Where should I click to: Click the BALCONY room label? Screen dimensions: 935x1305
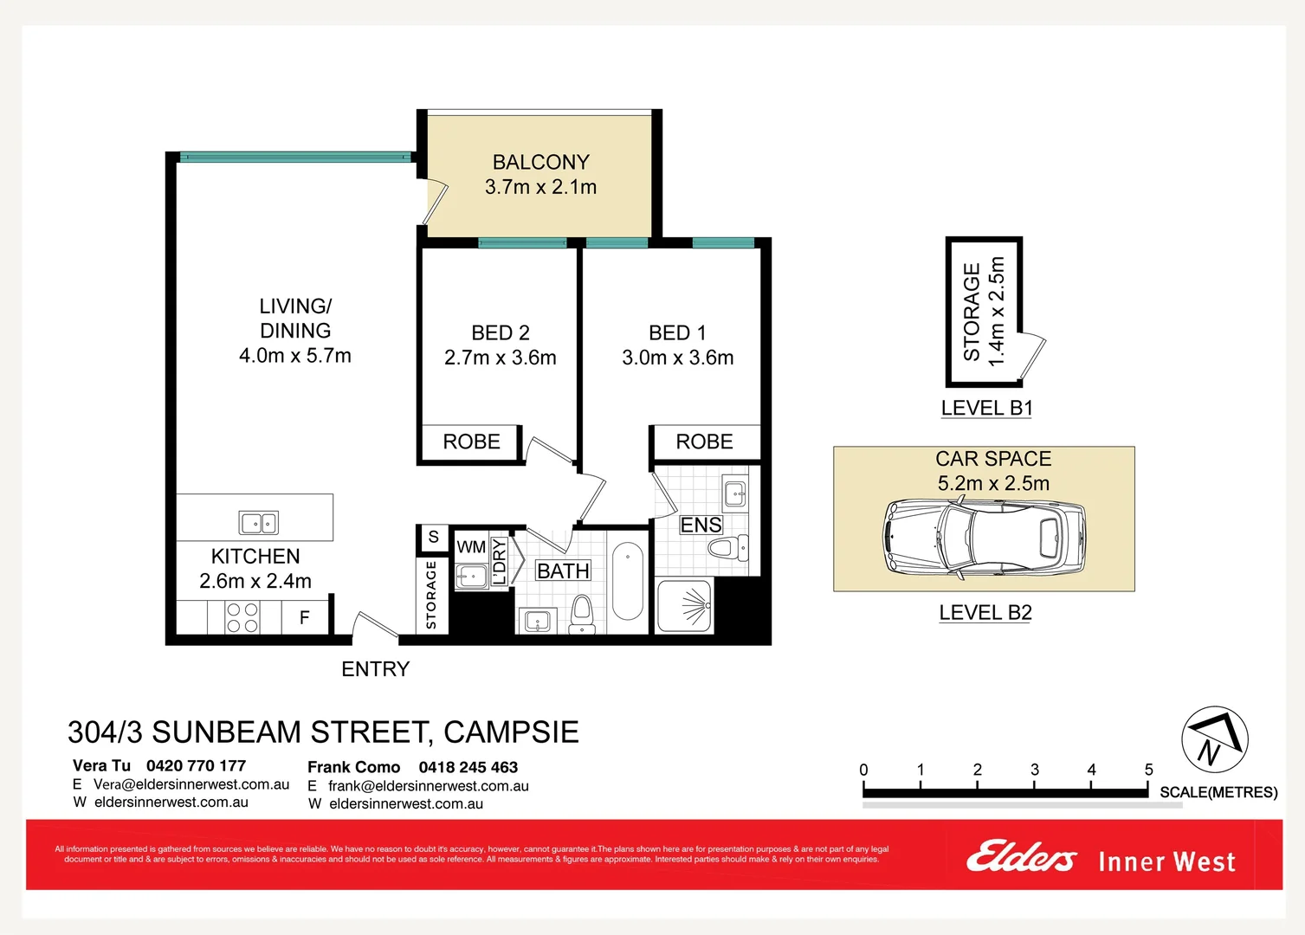pos(540,162)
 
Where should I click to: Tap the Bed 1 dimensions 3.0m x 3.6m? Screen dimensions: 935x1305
pos(677,358)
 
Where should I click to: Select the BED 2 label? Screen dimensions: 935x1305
pos(500,332)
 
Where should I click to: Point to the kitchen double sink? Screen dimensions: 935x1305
pos(258,523)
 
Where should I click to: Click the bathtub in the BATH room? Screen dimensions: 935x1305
pos(627,581)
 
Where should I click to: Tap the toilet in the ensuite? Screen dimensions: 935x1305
pos(727,548)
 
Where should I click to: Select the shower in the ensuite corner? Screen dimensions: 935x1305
pos(685,606)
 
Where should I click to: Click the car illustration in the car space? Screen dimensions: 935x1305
pos(984,537)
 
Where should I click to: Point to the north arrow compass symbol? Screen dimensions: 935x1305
pos(1214,739)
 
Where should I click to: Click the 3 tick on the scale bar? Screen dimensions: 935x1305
pos(1034,771)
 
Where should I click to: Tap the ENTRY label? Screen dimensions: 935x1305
pos(375,669)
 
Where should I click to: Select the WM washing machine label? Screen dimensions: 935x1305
pos(471,547)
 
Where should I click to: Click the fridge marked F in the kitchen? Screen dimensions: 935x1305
pos(305,617)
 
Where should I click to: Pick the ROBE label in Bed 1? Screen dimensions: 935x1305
pos(704,442)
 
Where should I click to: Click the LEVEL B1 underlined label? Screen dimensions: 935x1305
pos(986,408)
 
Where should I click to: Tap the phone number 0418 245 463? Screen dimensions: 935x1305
pos(468,767)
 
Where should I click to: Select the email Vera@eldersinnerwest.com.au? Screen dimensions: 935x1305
pos(191,784)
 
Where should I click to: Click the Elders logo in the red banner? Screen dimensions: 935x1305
pos(1021,858)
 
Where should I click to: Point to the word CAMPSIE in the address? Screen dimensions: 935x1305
pos(511,732)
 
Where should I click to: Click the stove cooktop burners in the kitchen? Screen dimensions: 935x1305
pos(242,617)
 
